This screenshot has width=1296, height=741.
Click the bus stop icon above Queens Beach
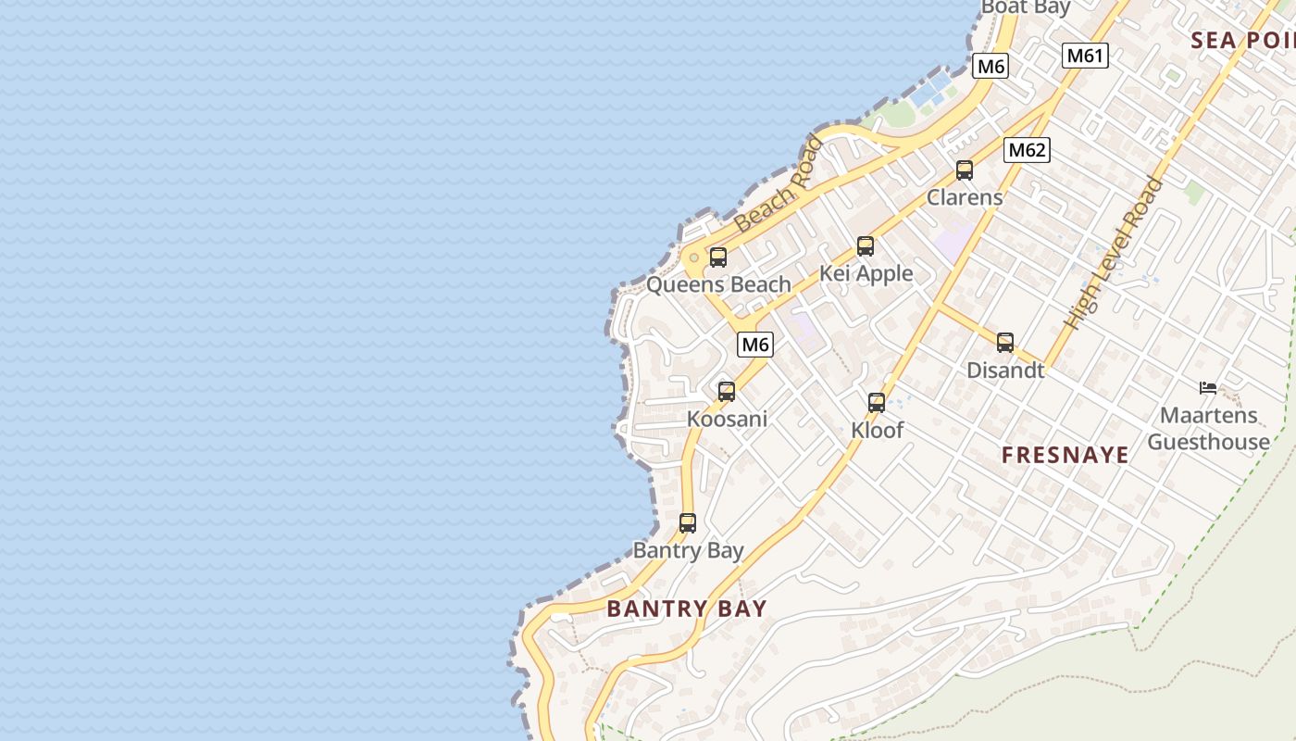pos(717,257)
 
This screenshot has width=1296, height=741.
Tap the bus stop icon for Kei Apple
pos(865,246)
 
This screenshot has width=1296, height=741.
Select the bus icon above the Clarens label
pos(964,170)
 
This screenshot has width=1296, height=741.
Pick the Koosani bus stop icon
pos(727,392)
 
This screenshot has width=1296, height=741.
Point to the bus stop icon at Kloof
pos(877,403)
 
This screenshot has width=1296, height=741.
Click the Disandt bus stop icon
pos(1005,343)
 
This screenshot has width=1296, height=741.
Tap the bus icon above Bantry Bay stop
pos(687,523)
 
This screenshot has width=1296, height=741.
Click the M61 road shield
pos(1084,56)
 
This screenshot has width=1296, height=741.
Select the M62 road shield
pos(1027,150)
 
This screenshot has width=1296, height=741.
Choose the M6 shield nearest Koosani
pos(755,345)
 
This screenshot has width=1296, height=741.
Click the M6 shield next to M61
pos(991,66)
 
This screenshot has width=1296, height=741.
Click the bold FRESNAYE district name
pos(1065,455)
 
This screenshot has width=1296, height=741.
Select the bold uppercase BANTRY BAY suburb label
pos(687,609)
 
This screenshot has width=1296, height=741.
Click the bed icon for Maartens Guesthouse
pos(1207,388)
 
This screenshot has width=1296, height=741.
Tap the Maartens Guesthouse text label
pos(1208,429)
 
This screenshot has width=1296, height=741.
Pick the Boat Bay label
pos(1025,7)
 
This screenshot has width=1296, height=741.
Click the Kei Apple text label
pos(866,274)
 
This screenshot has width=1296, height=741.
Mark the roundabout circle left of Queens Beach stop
pos(693,257)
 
